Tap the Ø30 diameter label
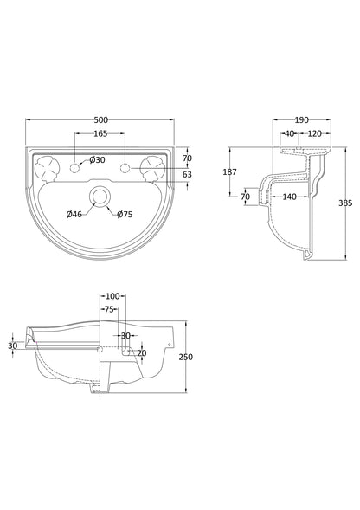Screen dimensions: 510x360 (96, 160)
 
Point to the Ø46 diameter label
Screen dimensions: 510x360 (74, 212)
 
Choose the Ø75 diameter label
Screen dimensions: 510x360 (125, 212)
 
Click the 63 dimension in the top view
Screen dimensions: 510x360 (187, 174)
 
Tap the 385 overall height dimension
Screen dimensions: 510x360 (346, 203)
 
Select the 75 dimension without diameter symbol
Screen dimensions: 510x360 (110, 308)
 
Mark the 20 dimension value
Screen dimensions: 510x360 (142, 352)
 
